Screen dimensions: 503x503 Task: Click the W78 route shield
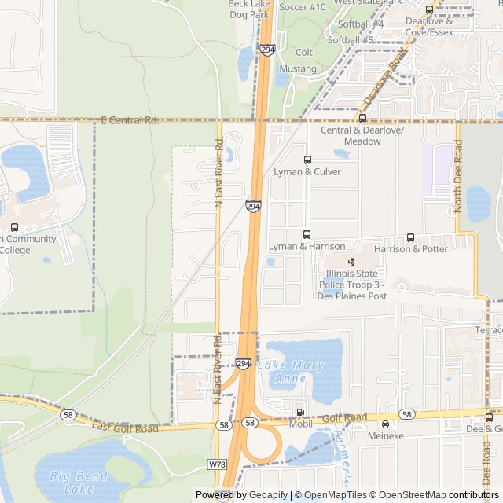pos(218,464)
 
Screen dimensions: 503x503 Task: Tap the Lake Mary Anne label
pos(291,372)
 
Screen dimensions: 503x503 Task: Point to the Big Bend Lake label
pos(79,482)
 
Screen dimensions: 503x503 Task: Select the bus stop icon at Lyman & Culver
pos(307,160)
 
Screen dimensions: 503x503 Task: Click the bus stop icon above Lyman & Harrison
pos(307,234)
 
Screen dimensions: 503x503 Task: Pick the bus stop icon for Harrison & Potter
pos(410,237)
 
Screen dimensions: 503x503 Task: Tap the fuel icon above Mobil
pos(300,412)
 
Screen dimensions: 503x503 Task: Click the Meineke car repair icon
pos(385,424)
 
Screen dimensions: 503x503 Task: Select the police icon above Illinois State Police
pos(351,262)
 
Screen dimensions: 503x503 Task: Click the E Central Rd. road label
pos(130,120)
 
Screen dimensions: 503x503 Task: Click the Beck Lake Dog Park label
pos(248,9)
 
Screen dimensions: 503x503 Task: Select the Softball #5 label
pos(351,39)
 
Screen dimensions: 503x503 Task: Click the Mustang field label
pos(298,68)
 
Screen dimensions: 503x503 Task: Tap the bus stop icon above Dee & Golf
pos(490,417)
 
